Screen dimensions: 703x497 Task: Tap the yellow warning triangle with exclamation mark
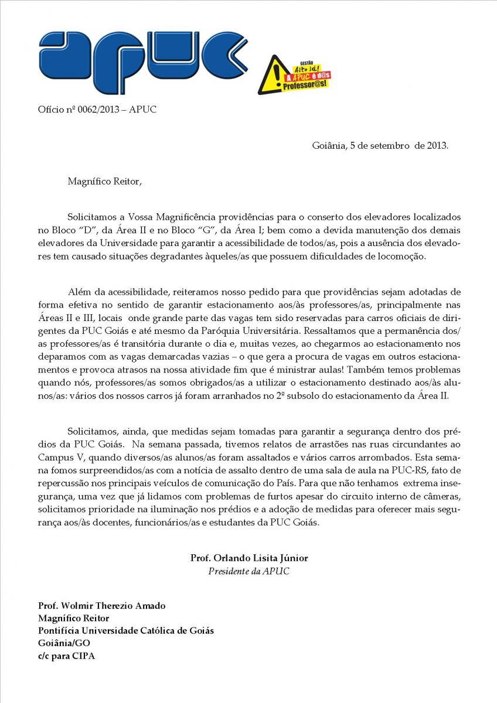coord(270,75)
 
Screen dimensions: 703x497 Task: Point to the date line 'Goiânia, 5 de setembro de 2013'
coord(380,145)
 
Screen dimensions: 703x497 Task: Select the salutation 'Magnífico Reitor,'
coord(104,181)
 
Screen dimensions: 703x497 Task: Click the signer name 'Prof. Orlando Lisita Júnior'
coord(249,558)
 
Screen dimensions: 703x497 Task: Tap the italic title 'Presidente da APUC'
coord(249,571)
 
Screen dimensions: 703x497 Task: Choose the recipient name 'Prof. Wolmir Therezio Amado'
coord(101,605)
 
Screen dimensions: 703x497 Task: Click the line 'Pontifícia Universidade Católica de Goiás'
coord(126,630)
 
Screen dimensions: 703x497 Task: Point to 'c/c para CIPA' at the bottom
coord(66,656)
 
